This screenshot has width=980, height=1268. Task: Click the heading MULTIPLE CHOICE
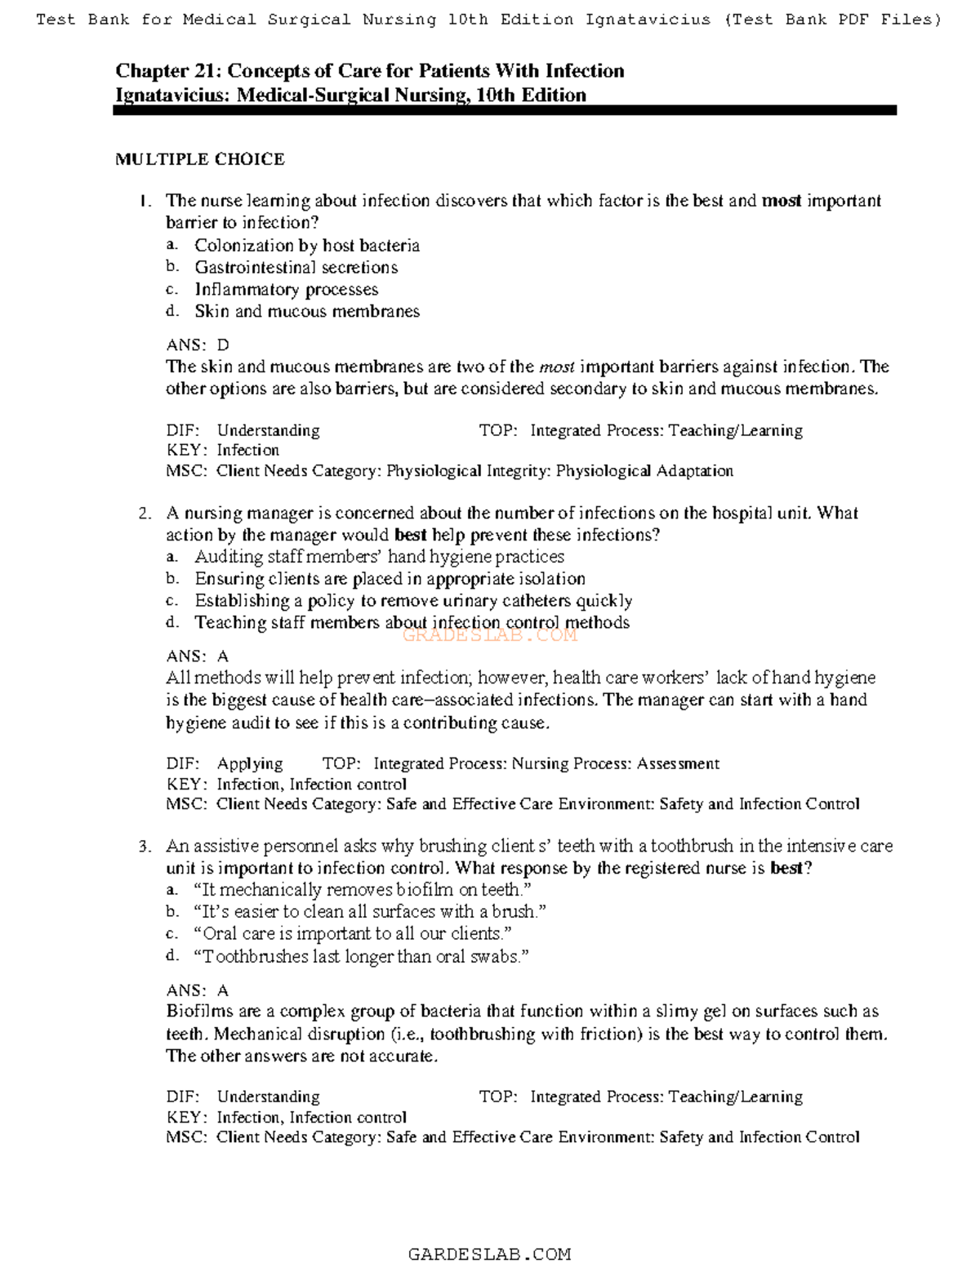point(200,159)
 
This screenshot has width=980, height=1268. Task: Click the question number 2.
point(145,514)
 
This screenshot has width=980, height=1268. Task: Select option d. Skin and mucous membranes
point(306,311)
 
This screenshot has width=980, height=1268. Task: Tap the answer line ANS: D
point(198,345)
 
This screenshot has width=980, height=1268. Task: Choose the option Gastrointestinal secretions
point(296,267)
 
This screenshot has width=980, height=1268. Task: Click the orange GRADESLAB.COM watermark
point(490,635)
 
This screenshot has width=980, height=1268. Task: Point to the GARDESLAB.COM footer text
point(489,1254)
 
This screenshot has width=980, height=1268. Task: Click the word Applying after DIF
point(250,763)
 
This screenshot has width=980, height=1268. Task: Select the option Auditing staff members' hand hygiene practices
point(379,557)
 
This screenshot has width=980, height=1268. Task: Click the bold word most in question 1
point(782,201)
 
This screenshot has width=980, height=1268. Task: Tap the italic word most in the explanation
point(557,367)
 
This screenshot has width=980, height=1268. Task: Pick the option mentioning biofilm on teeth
point(363,890)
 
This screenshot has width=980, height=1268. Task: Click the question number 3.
point(145,847)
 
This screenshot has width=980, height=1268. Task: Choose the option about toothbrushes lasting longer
point(361,956)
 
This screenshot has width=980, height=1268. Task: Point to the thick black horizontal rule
point(505,110)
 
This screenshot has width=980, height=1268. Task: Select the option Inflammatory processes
point(286,289)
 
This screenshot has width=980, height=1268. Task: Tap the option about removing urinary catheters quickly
point(413,601)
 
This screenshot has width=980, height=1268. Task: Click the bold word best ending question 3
point(786,868)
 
